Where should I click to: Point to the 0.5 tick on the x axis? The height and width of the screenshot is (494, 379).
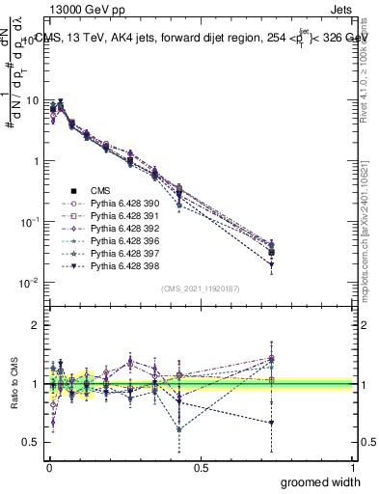pyautogui.click(x=201, y=467)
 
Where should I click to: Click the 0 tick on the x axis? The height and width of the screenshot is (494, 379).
pyautogui.click(x=48, y=467)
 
